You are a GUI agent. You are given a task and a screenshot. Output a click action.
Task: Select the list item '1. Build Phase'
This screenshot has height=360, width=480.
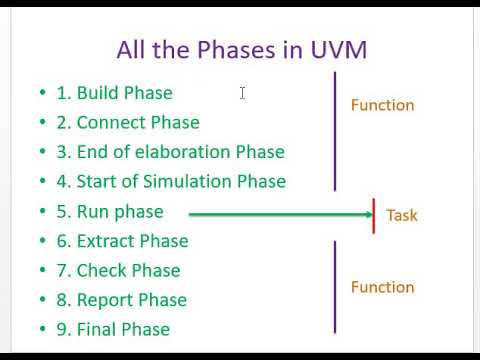pyautogui.click(x=114, y=93)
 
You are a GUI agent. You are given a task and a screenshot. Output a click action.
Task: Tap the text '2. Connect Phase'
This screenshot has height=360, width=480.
pyautogui.click(x=128, y=123)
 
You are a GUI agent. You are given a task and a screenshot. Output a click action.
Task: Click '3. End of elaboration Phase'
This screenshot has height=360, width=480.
pyautogui.click(x=170, y=152)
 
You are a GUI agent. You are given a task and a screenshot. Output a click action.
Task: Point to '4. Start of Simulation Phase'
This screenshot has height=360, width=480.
pyautogui.click(x=171, y=182)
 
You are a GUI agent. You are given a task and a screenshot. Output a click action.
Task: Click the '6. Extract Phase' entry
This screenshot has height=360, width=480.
pyautogui.click(x=122, y=241)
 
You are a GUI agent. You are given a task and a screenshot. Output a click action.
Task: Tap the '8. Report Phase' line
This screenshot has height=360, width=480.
pyautogui.click(x=121, y=300)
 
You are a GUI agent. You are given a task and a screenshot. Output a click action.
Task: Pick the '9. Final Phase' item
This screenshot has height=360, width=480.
pyautogui.click(x=113, y=330)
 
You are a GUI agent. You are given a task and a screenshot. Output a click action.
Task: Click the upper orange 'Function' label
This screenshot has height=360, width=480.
pyautogui.click(x=382, y=105)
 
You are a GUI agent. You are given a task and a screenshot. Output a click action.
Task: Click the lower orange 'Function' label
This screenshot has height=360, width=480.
pyautogui.click(x=382, y=287)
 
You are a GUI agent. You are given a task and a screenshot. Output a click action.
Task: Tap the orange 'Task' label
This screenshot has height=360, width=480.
pyautogui.click(x=402, y=215)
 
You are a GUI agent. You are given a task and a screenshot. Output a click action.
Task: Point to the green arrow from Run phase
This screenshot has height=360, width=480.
pyautogui.click(x=280, y=213)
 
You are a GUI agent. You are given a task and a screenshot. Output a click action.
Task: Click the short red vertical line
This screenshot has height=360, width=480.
pyautogui.click(x=374, y=215)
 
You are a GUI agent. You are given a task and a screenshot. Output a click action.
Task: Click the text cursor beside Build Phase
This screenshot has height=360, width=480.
pyautogui.click(x=243, y=93)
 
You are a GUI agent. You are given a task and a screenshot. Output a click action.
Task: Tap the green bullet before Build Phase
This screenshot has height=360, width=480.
pyautogui.click(x=43, y=93)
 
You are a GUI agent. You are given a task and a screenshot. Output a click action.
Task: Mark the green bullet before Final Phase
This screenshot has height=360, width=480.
pyautogui.click(x=43, y=330)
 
